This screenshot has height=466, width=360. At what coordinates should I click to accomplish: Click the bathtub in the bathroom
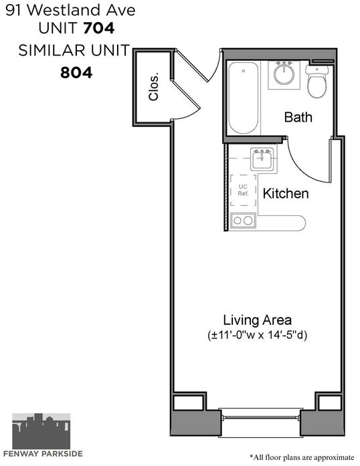(243, 98)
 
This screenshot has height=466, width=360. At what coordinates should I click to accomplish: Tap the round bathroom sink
(284, 73)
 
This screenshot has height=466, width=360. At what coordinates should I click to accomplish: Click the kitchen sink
(262, 160)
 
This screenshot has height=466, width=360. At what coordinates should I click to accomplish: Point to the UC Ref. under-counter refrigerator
(243, 190)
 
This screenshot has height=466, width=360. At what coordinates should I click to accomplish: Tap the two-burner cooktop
(243, 221)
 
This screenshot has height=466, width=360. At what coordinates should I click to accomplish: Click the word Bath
(298, 117)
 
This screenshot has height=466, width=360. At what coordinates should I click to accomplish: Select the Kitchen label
(286, 193)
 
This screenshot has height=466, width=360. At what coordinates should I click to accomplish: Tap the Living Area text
(258, 320)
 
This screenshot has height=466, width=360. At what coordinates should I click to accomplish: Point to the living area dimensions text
(257, 335)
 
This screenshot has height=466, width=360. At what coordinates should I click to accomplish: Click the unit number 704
(99, 29)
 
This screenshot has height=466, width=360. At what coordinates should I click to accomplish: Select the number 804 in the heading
(76, 73)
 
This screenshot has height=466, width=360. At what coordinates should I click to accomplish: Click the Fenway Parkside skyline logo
(41, 431)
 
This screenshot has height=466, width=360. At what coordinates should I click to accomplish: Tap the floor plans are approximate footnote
(302, 457)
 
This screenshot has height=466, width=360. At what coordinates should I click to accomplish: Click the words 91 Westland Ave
(70, 11)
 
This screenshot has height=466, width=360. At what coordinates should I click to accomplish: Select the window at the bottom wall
(260, 417)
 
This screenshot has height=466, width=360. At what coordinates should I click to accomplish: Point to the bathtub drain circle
(244, 71)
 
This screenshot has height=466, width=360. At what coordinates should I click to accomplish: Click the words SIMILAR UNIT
(74, 51)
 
